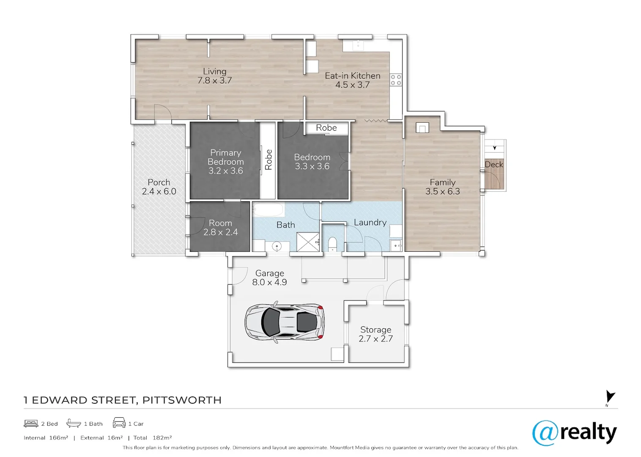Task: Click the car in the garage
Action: (x=285, y=322)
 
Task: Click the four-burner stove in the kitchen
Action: (x=396, y=80)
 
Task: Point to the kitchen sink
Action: (x=358, y=45)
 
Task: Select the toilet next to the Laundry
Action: (x=332, y=244)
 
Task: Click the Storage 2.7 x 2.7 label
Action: (x=376, y=334)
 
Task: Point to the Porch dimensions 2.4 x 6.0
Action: (x=159, y=191)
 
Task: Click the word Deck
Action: (x=494, y=164)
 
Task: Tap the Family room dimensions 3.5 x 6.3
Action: (x=443, y=191)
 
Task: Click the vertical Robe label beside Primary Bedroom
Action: (x=268, y=160)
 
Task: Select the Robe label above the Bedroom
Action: (x=326, y=128)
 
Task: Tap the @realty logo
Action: (x=575, y=433)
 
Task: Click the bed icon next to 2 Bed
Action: (x=31, y=424)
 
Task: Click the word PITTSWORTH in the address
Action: (x=182, y=400)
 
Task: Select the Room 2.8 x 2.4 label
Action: (x=220, y=227)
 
